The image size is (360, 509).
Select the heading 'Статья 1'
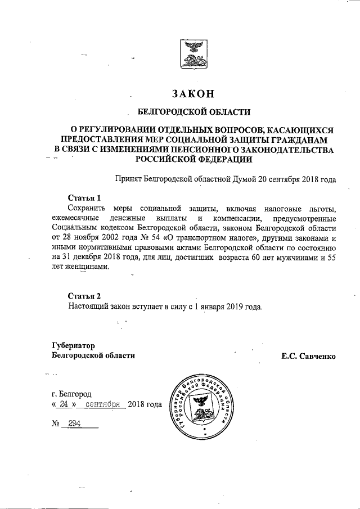[84, 197]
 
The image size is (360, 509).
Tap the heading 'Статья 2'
[84, 296]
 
